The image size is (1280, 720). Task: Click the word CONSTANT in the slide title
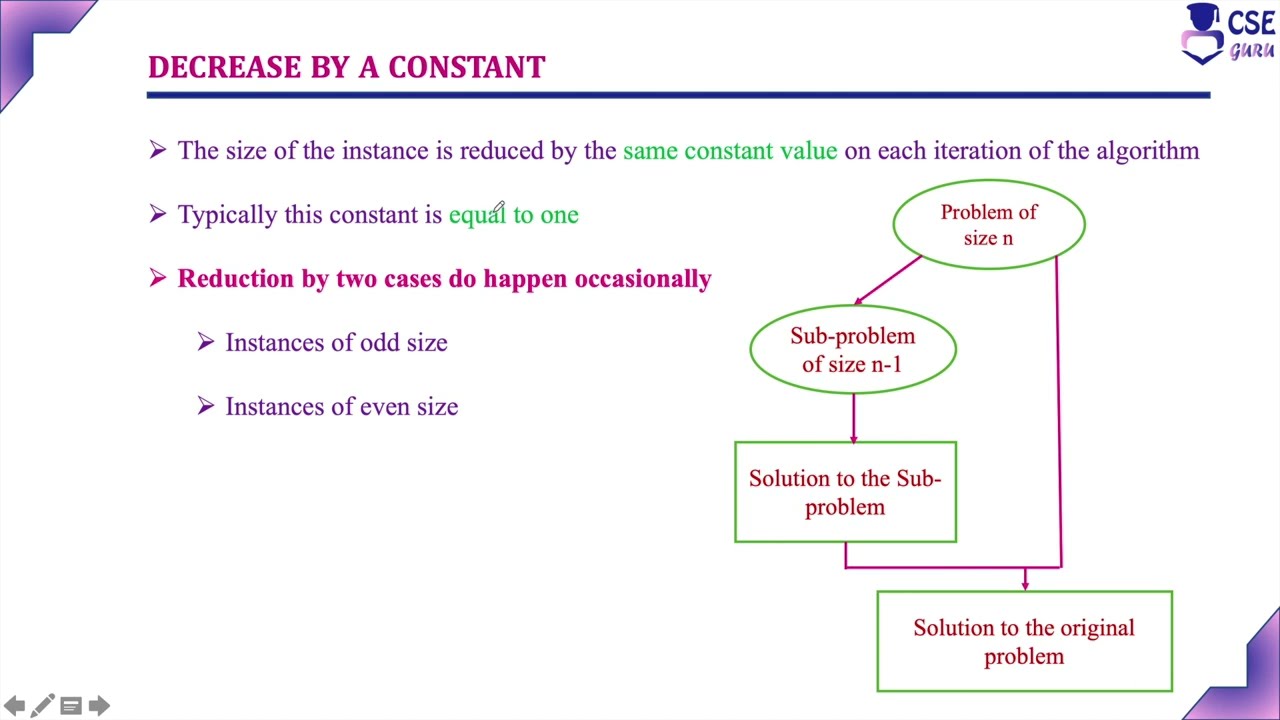coord(466,67)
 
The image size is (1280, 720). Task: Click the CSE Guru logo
coord(1227,33)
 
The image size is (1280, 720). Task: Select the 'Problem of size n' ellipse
coord(988,224)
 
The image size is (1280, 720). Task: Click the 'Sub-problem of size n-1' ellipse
coord(852,349)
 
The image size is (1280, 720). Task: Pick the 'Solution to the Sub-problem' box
coord(845,492)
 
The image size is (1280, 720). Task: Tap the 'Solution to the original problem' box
coord(1024,641)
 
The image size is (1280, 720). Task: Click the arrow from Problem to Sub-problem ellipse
coord(887,280)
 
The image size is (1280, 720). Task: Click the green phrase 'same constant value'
coord(730,151)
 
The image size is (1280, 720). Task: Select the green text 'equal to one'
coord(513,214)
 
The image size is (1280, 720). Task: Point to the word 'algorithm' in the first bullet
coord(1147,151)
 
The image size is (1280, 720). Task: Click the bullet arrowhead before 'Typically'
coord(158,214)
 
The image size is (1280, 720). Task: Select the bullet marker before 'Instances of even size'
coord(206,406)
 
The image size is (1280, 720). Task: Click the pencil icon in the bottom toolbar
coord(42,706)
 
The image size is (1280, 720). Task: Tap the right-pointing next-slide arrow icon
coord(98,706)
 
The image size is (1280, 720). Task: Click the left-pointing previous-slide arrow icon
coord(14,706)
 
